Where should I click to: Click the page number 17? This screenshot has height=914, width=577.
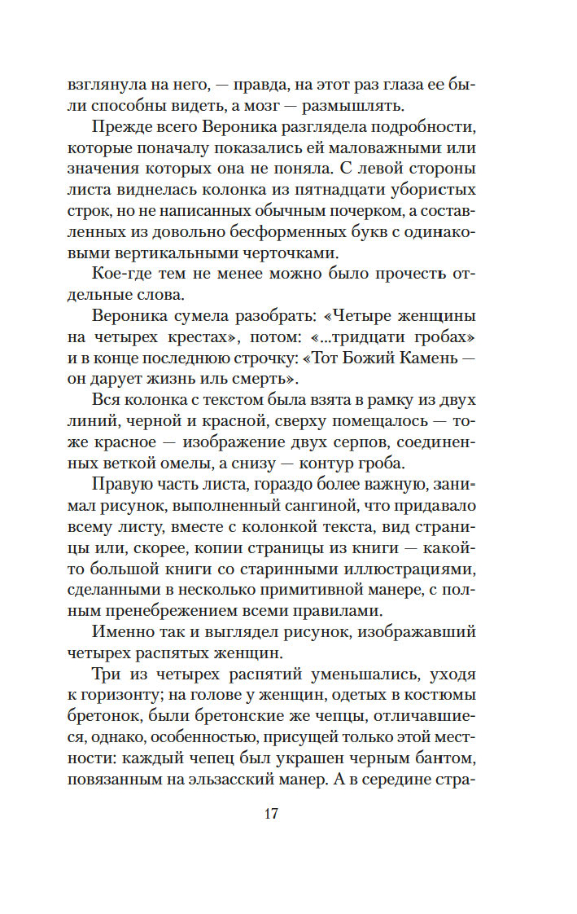click(272, 814)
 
